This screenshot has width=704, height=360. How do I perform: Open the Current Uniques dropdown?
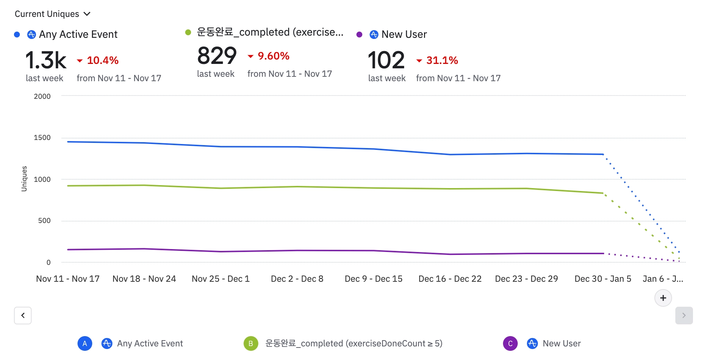[52, 14]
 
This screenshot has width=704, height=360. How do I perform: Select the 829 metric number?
[217, 56]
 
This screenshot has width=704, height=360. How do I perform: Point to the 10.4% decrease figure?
[102, 60]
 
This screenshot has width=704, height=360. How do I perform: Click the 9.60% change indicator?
[273, 56]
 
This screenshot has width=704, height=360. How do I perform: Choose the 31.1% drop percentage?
[442, 60]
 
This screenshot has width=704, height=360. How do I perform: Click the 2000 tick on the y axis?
[42, 96]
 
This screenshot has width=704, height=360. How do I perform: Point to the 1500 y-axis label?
[42, 138]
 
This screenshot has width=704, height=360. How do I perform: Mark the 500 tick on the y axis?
[44, 221]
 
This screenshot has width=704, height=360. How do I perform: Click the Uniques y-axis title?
[24, 179]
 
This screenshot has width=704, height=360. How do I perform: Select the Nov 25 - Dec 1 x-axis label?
[221, 279]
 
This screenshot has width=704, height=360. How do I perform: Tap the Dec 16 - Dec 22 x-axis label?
[450, 279]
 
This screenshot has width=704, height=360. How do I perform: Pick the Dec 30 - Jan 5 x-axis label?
[603, 279]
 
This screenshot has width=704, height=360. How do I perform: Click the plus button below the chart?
[663, 298]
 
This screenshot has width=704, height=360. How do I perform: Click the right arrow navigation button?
[684, 316]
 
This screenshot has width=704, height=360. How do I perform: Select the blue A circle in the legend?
[85, 343]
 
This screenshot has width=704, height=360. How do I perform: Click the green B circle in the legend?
[251, 343]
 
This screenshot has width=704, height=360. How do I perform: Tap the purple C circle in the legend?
[510, 343]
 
